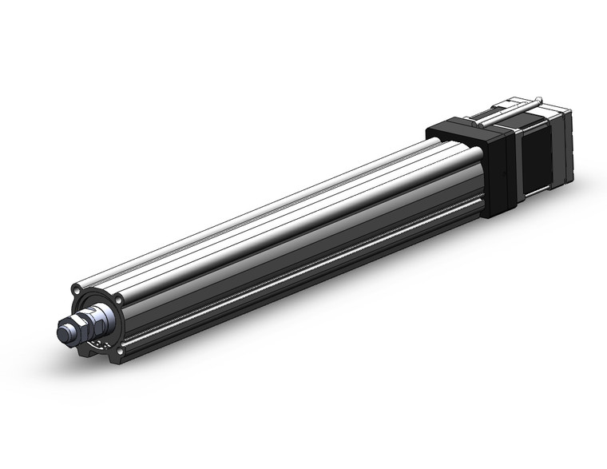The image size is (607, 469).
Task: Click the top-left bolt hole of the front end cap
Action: [x=76, y=288]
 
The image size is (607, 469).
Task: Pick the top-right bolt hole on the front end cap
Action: [x=120, y=299]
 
